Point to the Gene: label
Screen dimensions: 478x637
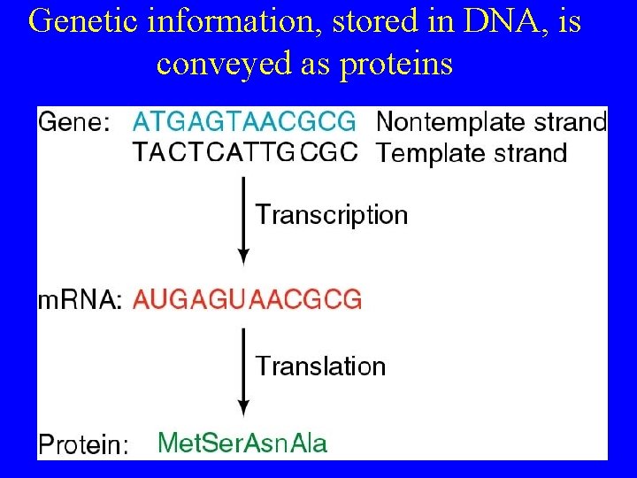pos(74,123)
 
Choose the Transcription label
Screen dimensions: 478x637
pos(332,215)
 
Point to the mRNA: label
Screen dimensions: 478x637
pos(80,301)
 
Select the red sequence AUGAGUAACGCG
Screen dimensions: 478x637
pos(247,300)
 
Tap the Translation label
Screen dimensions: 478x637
pos(320,366)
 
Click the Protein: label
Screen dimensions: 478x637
pos(82,444)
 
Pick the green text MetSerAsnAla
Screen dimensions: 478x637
pos(242,443)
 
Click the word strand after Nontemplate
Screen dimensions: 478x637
pos(565,121)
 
